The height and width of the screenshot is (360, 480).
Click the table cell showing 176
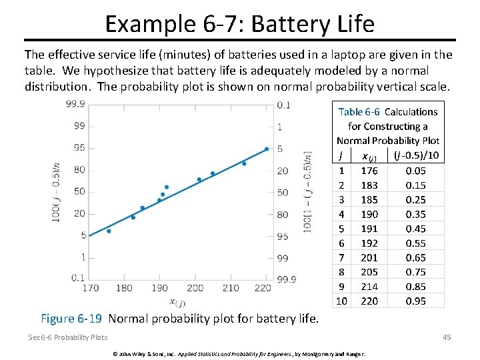[369, 170]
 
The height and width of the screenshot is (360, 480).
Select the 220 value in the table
[369, 301]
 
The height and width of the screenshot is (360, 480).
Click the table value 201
[369, 257]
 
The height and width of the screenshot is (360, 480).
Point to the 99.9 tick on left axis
[75, 104]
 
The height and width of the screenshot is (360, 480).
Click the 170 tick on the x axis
[91, 288]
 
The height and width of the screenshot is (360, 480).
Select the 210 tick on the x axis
[230, 288]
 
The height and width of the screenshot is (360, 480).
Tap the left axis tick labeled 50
[79, 191]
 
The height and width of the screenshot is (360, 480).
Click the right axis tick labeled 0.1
[283, 105]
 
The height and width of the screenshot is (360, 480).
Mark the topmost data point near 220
[267, 149]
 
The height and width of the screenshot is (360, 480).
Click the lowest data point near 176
[109, 231]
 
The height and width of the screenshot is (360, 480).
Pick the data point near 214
[244, 163]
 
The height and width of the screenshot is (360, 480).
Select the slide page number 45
[446, 337]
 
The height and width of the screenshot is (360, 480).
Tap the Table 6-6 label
[359, 112]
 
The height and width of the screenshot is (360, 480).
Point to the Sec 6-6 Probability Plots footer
[67, 337]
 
